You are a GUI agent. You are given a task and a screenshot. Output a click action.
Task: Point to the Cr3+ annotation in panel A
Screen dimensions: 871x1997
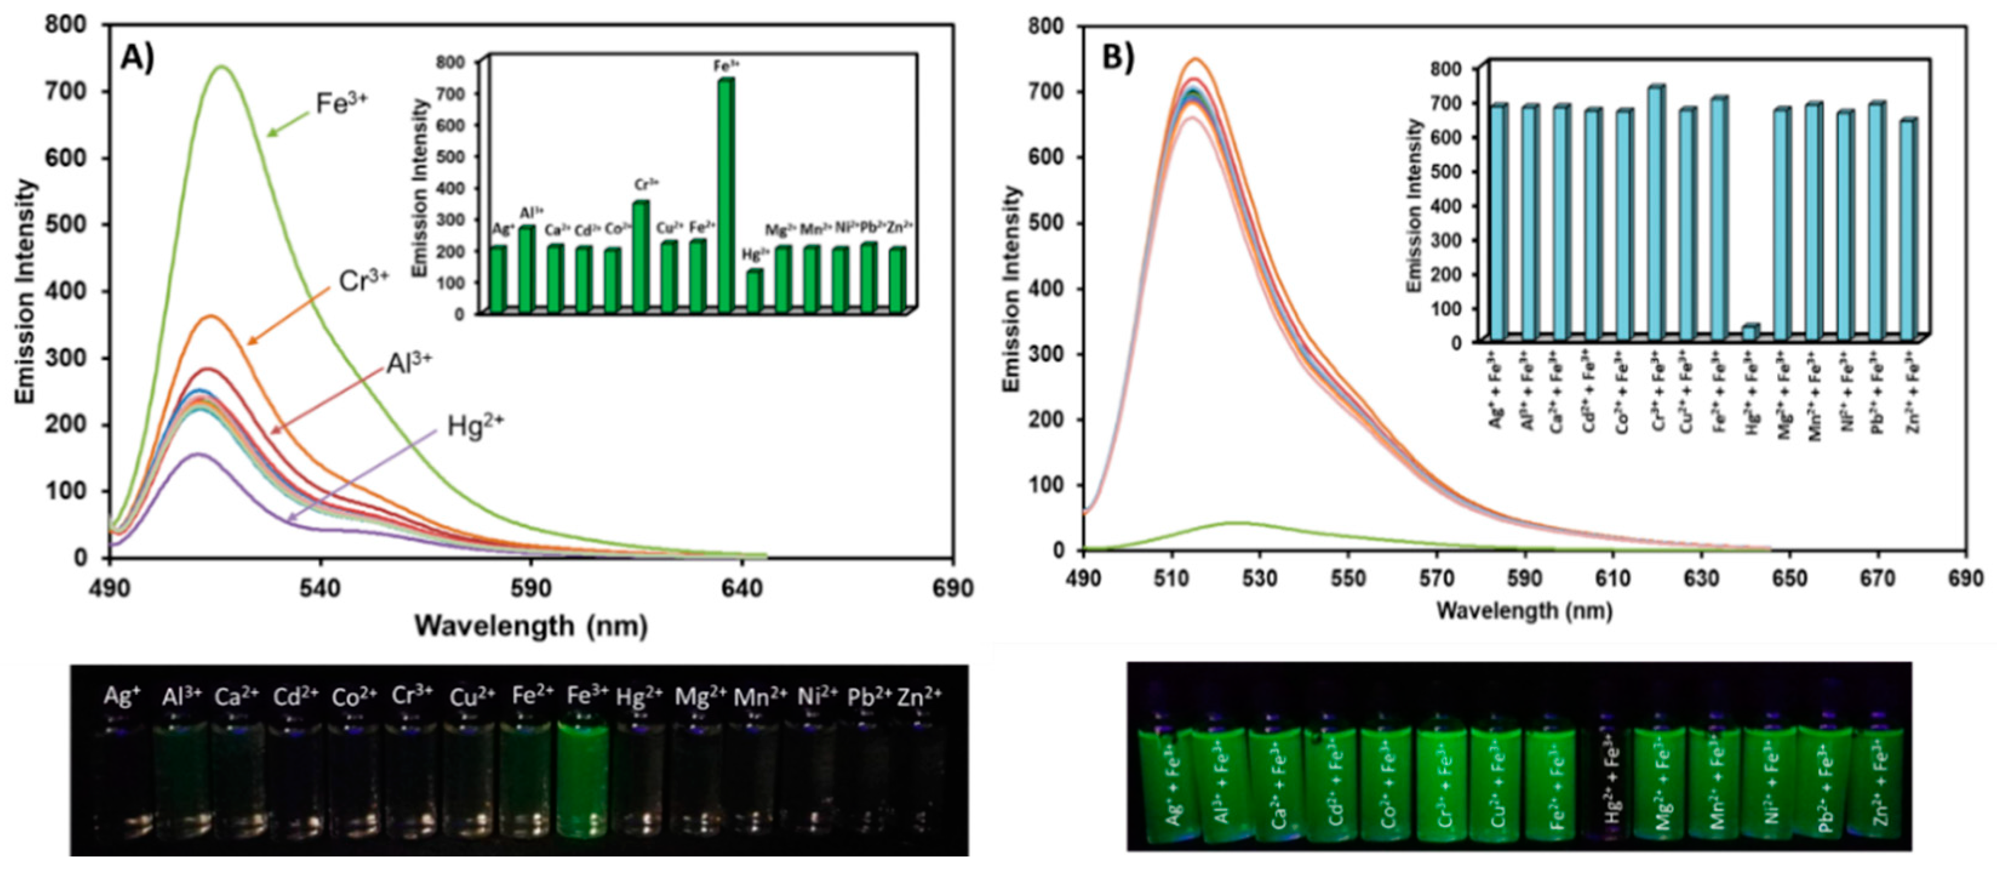point(363,281)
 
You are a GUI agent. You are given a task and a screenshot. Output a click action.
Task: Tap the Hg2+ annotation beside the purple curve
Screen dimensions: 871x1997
point(474,426)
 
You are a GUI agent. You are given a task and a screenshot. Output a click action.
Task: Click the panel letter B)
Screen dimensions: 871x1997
point(1117,58)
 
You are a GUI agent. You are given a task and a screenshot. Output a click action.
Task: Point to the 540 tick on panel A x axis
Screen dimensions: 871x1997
point(320,588)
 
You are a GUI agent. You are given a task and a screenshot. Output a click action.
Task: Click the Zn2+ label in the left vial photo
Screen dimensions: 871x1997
point(919,696)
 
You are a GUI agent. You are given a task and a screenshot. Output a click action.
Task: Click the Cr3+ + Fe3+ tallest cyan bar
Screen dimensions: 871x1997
point(1649,213)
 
